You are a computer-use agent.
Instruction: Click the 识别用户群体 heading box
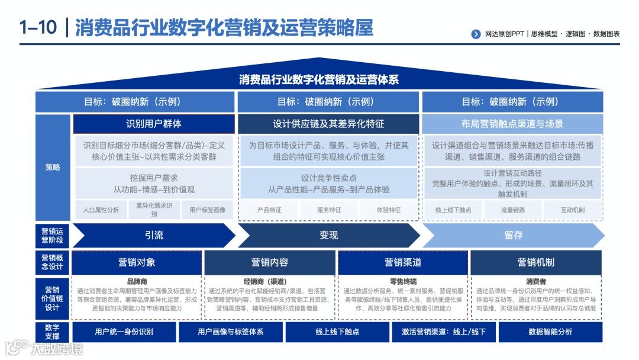click(x=154, y=124)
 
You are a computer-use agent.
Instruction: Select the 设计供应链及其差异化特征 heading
click(x=328, y=124)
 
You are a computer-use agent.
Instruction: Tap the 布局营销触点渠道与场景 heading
click(x=512, y=124)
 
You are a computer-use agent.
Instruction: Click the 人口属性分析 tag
click(x=101, y=210)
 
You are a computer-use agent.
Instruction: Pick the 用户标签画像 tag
click(x=207, y=210)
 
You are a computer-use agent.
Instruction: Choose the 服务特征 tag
click(x=329, y=210)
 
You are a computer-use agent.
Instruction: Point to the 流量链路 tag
click(x=512, y=210)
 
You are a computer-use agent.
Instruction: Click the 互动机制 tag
click(x=572, y=210)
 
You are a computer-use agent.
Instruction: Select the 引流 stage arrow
click(x=154, y=235)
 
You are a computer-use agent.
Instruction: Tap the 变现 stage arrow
click(x=328, y=235)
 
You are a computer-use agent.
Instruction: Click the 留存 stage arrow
click(x=513, y=235)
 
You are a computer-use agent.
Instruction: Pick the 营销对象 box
click(x=137, y=262)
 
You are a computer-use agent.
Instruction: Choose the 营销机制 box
click(x=536, y=262)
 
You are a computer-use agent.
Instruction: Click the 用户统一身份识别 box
click(x=124, y=332)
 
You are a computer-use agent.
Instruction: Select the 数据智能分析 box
click(x=550, y=332)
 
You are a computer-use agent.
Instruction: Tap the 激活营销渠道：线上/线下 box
click(x=444, y=332)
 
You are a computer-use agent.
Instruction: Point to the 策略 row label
click(x=53, y=168)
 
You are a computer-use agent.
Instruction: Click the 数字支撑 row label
click(x=53, y=332)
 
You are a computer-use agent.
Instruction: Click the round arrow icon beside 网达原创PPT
click(x=476, y=34)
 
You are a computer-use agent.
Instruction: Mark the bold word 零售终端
click(x=403, y=282)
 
